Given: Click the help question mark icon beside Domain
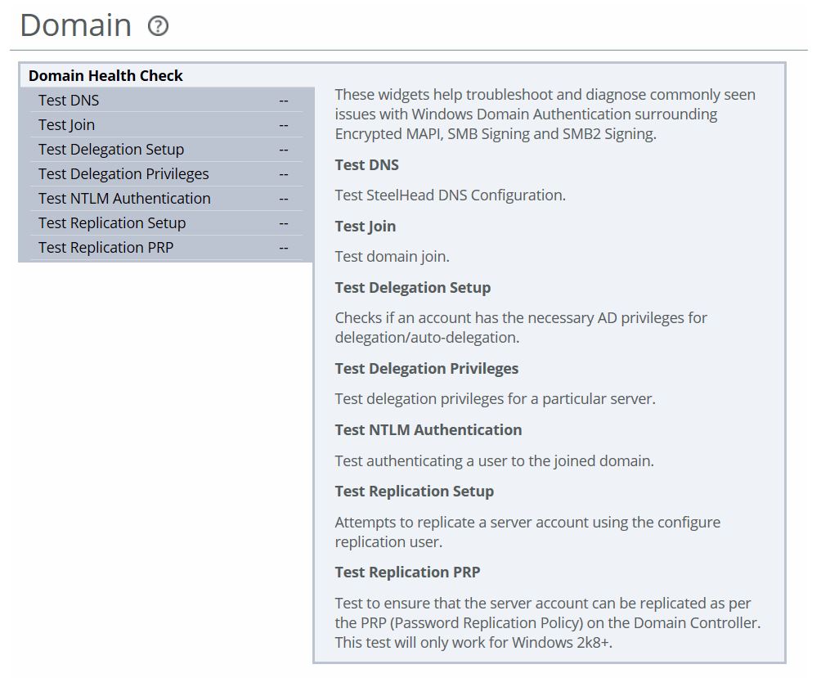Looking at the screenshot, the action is pos(158,25).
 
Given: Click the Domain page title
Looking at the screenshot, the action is pos(76,25).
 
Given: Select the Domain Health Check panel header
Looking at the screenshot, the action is pos(105,75).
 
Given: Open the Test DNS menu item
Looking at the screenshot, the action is pos(69,100).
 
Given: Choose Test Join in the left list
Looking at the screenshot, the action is pos(66,124).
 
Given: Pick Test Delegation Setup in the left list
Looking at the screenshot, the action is pos(111,149).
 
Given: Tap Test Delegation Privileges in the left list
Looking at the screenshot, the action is pos(123,174).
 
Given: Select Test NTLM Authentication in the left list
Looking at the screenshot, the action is pos(124,199).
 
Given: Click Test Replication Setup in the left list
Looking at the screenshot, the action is pos(112,223).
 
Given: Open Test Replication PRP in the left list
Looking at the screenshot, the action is pos(105,247).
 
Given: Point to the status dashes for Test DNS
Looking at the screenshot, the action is pos(284,101).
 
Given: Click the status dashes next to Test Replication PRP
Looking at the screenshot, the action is pos(284,248).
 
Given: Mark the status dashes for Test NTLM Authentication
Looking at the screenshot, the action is pos(284,199).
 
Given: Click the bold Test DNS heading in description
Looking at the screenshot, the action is pos(367,165).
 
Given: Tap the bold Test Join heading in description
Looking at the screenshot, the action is pos(366,227).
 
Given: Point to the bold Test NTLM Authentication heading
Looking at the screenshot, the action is pos(428,430).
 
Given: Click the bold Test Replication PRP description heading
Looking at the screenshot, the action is pos(407,572).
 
